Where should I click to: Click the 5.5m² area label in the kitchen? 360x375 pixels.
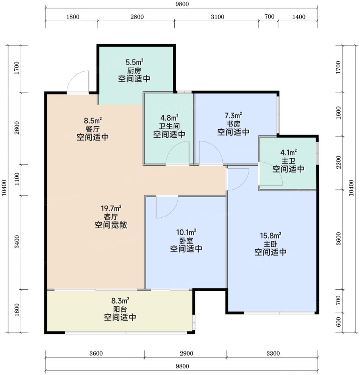click(135, 63)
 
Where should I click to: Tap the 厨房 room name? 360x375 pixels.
click(135, 71)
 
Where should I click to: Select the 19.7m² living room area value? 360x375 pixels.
click(111, 208)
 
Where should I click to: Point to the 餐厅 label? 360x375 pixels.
click(92, 129)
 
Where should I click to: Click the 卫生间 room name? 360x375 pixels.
click(169, 126)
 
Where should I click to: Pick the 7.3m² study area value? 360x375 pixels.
click(233, 116)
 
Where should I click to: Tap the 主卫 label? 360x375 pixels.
click(288, 161)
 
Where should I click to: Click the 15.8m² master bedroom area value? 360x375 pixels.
click(270, 235)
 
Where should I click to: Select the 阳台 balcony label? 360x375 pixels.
click(120, 309)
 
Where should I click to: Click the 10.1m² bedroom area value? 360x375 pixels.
click(186, 232)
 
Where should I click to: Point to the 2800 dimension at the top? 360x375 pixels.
click(137, 17)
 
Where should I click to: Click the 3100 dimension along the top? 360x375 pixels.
click(218, 17)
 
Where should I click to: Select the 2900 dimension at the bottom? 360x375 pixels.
click(186, 353)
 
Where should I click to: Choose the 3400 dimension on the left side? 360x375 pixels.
click(17, 242)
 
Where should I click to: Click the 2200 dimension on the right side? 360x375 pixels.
click(338, 162)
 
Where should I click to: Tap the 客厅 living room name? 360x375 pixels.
click(111, 217)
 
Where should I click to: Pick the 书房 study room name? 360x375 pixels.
click(233, 124)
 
